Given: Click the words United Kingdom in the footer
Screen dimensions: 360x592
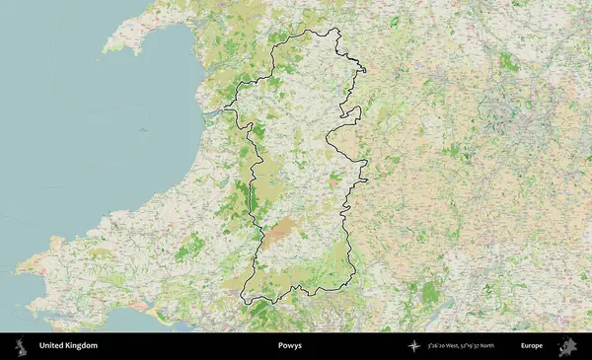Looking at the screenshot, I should coord(68,346).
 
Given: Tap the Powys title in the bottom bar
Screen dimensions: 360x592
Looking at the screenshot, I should coord(291,346).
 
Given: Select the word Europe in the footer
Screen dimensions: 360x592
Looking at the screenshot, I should coord(532,346).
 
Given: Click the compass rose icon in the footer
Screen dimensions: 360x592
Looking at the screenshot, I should coord(412,346).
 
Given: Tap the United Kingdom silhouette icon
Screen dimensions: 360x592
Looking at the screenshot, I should coord(20,346).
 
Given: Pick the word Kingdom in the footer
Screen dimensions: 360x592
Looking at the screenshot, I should coord(83,346).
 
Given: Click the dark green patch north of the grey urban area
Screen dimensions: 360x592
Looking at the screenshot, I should coord(509,62).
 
